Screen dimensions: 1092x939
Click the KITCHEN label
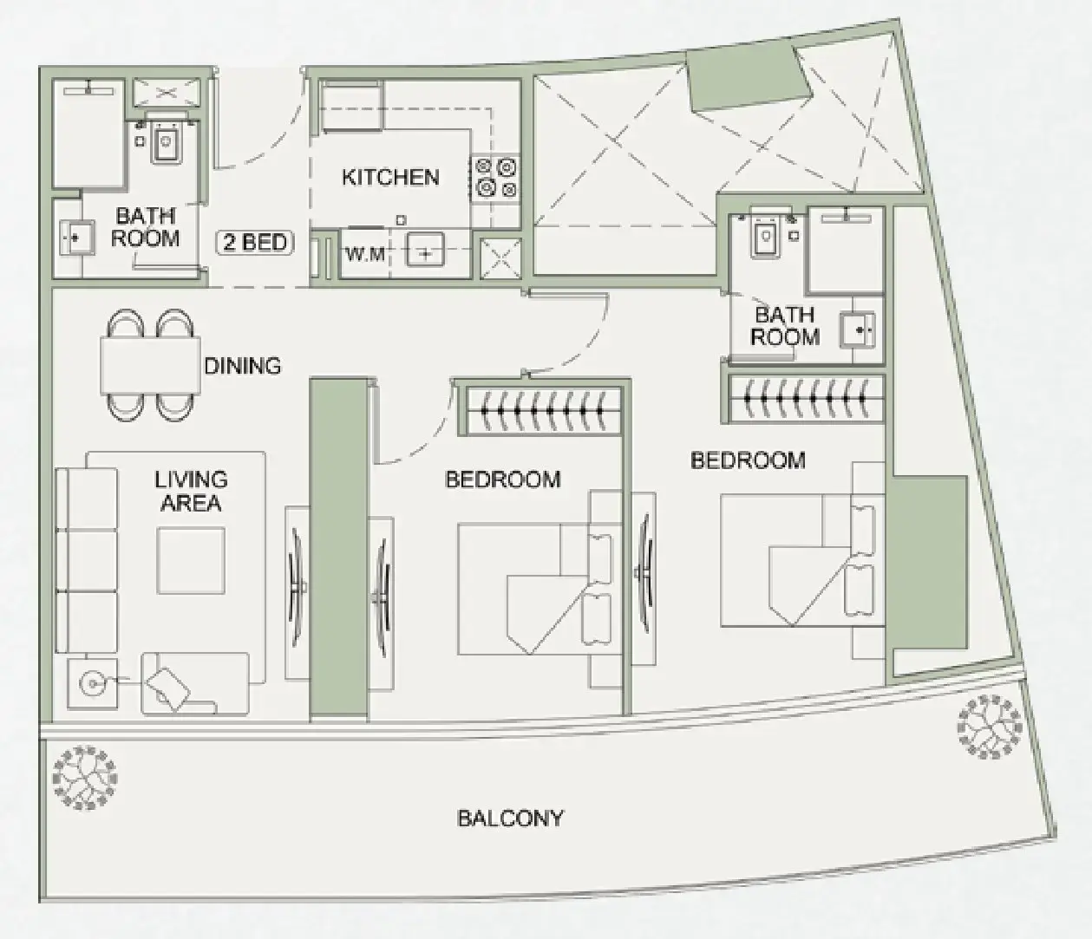(390, 178)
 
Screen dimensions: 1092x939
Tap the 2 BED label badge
(255, 243)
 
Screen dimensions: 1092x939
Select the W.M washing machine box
(365, 253)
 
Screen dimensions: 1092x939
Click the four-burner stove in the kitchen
(494, 178)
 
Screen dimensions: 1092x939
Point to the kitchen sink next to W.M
(425, 250)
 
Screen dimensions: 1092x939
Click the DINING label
(243, 366)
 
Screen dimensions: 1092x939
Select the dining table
(151, 366)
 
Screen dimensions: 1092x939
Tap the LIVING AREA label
(191, 491)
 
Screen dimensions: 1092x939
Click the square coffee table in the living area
(190, 560)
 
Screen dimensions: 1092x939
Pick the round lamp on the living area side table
(93, 684)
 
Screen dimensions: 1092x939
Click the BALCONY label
(510, 818)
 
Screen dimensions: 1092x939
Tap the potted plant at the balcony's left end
(85, 779)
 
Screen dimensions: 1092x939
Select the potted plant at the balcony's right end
(990, 727)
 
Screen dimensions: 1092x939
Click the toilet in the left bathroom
(167, 140)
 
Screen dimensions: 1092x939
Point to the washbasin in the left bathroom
(76, 238)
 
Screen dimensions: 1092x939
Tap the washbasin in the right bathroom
(858, 330)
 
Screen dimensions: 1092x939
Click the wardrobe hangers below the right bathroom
(805, 399)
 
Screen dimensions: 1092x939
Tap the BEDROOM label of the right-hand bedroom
(748, 460)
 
